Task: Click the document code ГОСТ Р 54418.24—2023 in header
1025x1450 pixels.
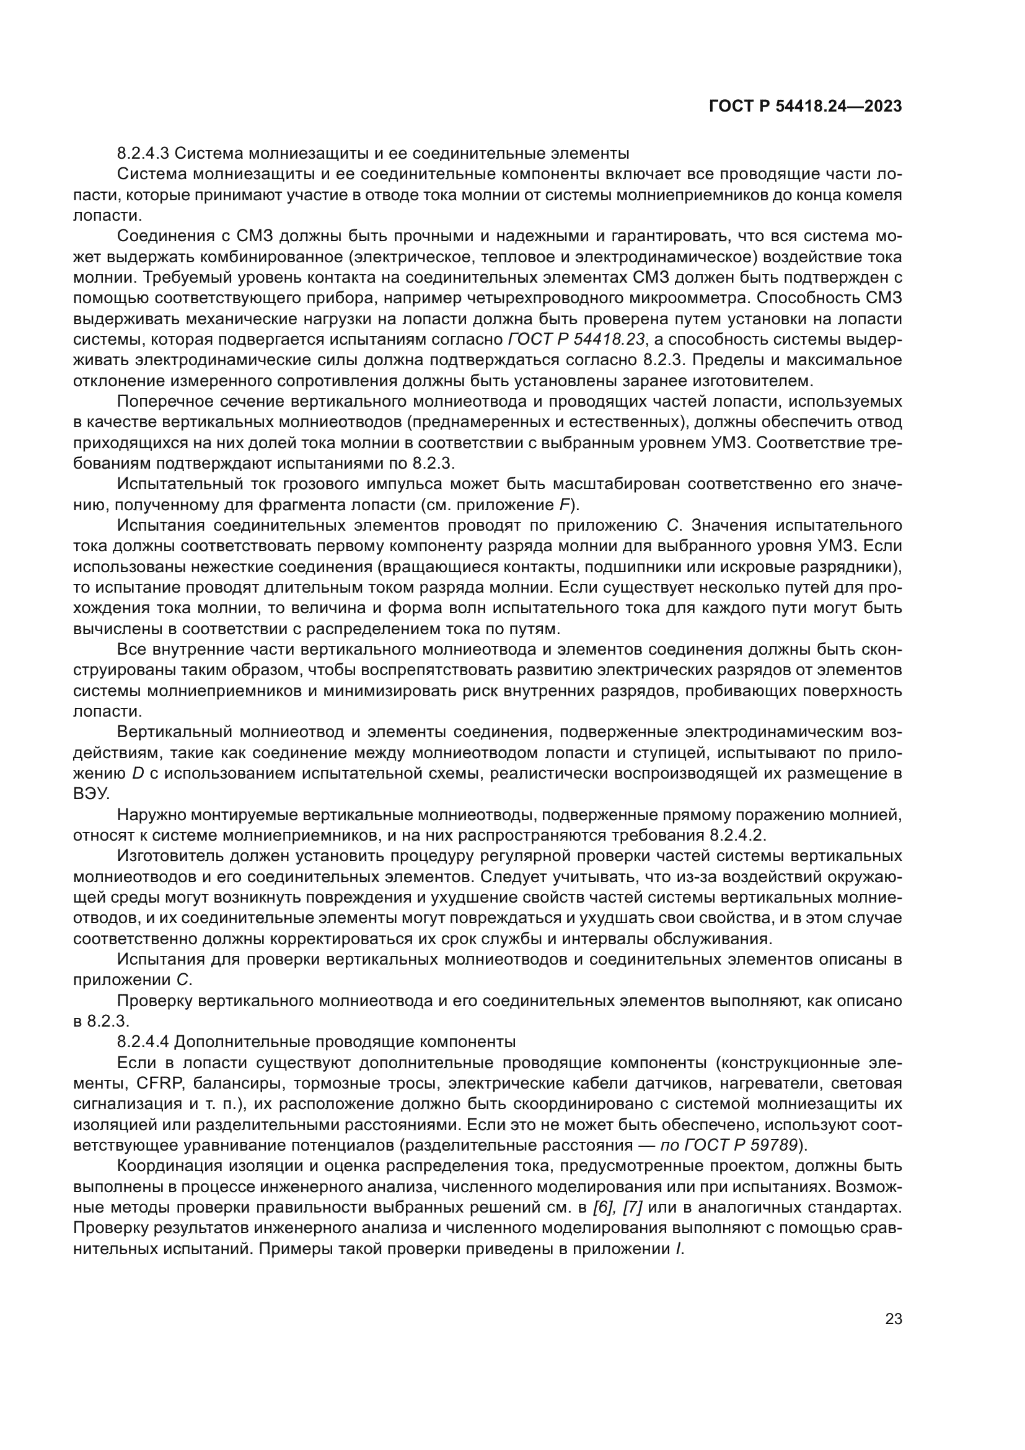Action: coord(806,107)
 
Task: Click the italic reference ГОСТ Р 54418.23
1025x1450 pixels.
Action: coord(576,340)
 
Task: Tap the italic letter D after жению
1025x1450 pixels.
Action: coord(138,774)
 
